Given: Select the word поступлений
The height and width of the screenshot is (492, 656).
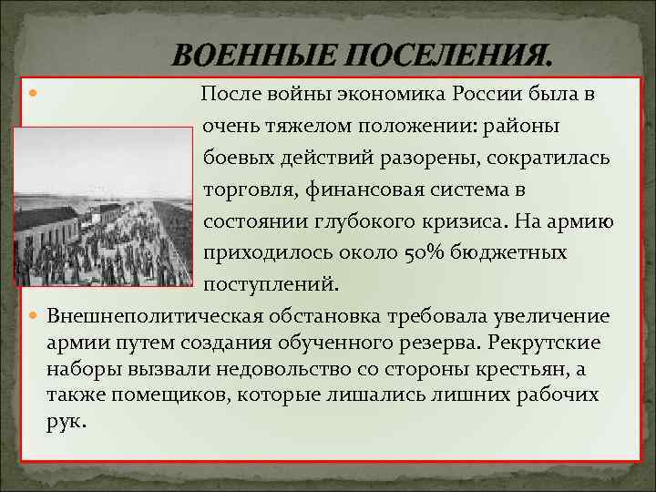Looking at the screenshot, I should coord(270,284).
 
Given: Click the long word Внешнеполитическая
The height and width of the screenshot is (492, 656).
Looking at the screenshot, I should coord(156,316).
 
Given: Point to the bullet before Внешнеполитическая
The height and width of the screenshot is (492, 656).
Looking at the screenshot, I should coord(35,316).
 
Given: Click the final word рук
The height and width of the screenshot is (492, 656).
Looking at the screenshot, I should coord(66,422).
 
